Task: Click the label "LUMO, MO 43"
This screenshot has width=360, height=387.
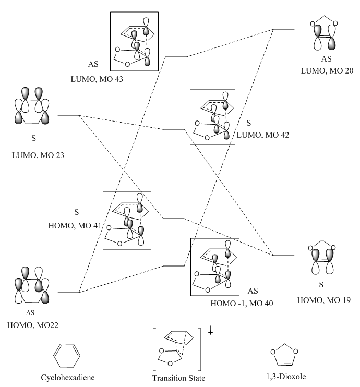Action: click(97, 79)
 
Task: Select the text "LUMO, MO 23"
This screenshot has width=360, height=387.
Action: click(38, 155)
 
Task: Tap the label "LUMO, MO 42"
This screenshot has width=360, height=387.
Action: click(263, 135)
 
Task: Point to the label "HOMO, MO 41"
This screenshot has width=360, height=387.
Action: click(75, 226)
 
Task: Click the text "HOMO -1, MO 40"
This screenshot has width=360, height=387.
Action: click(242, 304)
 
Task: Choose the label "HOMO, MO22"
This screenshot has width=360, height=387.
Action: click(32, 325)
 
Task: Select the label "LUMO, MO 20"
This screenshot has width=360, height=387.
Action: click(327, 71)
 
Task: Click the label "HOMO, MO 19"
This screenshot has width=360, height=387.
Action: click(323, 300)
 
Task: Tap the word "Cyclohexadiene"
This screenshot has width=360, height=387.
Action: click(68, 378)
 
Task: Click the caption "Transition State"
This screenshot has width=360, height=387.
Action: click(178, 378)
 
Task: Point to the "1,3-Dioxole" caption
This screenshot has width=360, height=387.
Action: click(286, 377)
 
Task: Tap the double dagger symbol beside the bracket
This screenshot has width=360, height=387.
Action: click(210, 330)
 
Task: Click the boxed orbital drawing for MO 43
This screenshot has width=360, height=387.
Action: click(134, 41)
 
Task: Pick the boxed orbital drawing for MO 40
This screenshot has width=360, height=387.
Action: click(215, 267)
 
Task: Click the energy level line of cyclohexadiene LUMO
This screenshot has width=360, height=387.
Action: click(68, 115)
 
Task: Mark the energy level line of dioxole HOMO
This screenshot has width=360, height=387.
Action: click(283, 256)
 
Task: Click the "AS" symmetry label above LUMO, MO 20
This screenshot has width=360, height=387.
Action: click(326, 59)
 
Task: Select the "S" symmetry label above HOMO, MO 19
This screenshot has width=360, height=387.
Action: click(321, 285)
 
